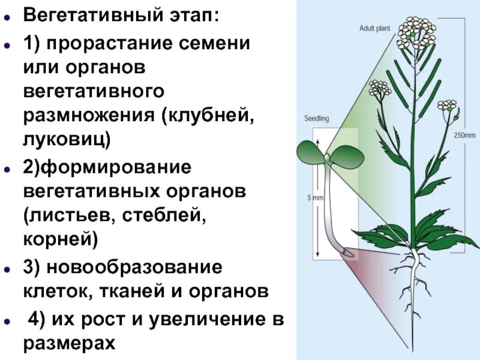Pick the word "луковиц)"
67,140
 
